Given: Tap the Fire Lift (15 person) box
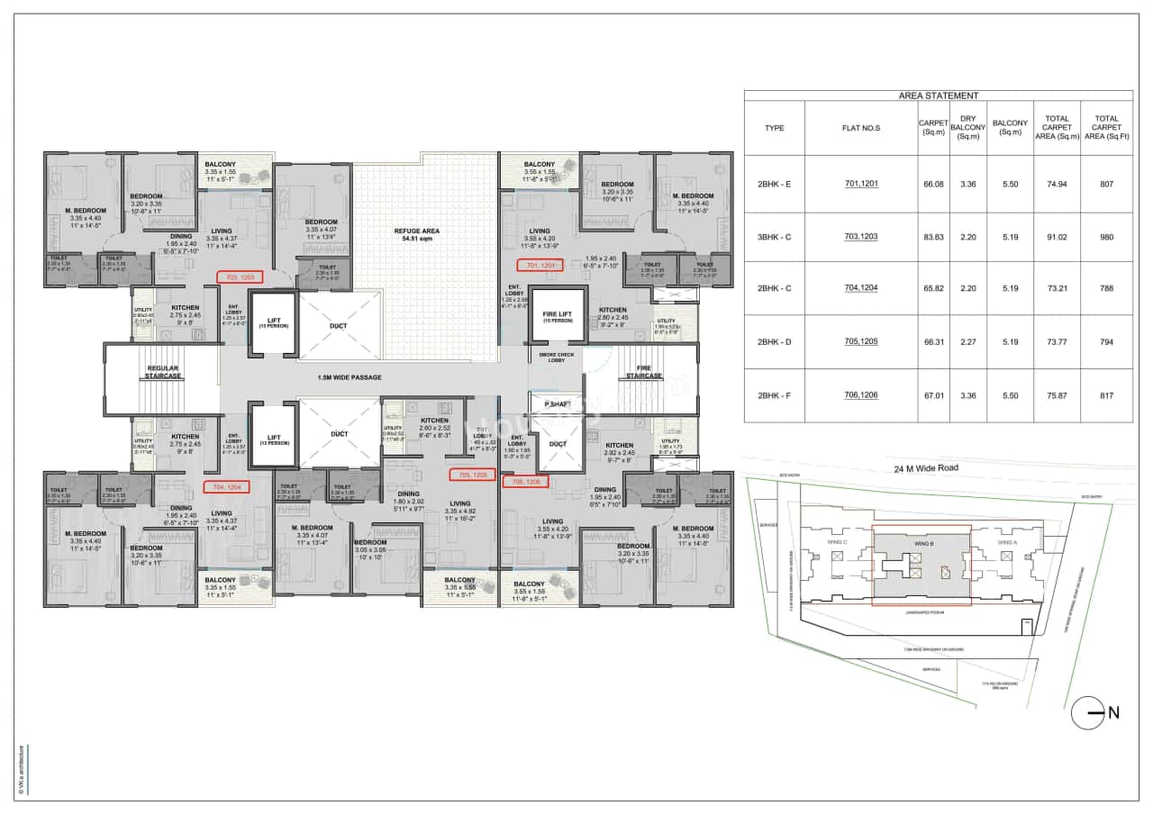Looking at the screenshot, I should (x=558, y=315).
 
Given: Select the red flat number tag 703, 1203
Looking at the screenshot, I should (x=239, y=277).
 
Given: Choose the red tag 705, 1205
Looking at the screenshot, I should (x=472, y=475).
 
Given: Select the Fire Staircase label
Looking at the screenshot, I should (x=644, y=371).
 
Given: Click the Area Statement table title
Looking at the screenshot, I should (x=938, y=95).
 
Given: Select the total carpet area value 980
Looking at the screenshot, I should (x=1106, y=237).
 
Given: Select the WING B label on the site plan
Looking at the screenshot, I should (x=920, y=544).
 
